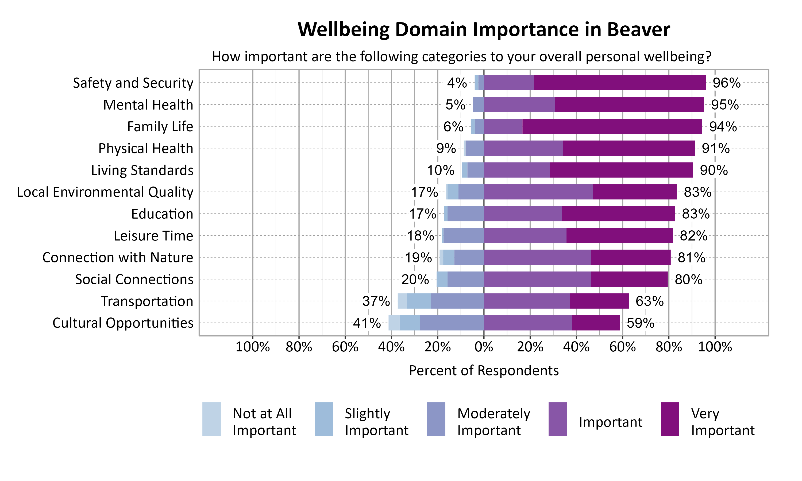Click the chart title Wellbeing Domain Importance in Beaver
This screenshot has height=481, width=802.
[484, 30]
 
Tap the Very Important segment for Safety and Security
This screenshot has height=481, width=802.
[619, 83]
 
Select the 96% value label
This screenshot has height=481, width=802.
[726, 83]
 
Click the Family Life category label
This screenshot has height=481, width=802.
[160, 126]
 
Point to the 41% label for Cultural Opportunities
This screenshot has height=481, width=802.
[367, 323]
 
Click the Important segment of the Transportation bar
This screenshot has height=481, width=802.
[527, 301]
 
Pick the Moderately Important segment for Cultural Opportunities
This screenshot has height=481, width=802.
[451, 323]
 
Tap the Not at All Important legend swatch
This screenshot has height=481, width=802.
[211, 419]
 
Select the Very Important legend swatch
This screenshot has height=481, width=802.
[670, 419]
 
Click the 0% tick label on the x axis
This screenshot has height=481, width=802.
[484, 347]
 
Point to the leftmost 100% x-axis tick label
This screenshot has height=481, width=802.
[253, 347]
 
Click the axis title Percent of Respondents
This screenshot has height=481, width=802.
[484, 370]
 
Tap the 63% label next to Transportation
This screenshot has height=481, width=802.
[649, 301]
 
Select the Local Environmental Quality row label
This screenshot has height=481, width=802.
[105, 192]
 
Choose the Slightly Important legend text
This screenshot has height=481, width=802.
[376, 422]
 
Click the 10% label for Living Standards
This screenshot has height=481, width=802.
[440, 170]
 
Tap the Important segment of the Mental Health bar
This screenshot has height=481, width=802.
[519, 104]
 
